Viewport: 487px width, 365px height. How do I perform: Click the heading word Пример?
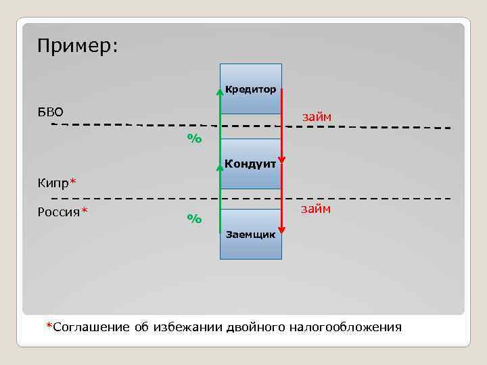click(x=77, y=46)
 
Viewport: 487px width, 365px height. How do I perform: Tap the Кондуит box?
click(x=250, y=164)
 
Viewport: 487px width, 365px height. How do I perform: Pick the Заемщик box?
click(x=250, y=235)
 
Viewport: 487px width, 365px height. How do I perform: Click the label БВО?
click(x=50, y=111)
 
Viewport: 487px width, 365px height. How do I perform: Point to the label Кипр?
click(x=53, y=182)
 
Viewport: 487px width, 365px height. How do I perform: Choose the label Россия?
click(x=59, y=212)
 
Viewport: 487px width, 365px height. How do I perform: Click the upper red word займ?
click(x=317, y=117)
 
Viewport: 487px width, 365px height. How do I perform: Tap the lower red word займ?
click(x=317, y=209)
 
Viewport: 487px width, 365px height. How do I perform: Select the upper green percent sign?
click(x=195, y=139)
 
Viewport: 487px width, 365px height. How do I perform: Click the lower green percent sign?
click(x=195, y=218)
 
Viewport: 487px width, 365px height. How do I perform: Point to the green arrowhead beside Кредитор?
click(x=220, y=92)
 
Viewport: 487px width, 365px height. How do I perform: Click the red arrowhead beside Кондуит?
click(x=281, y=161)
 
